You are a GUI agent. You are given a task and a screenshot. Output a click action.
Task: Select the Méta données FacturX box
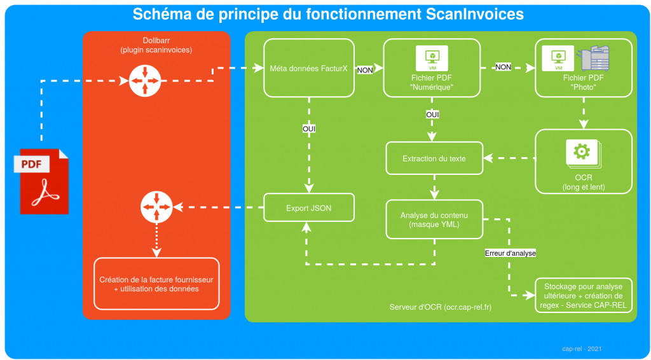pyautogui.click(x=308, y=68)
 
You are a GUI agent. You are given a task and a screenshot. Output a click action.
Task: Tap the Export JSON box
pyautogui.click(x=308, y=207)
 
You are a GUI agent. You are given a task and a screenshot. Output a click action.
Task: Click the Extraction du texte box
pyautogui.click(x=434, y=158)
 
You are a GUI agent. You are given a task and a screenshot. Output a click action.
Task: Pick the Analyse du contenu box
pyautogui.click(x=434, y=219)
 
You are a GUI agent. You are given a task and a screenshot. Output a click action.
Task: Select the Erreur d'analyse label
pyautogui.click(x=510, y=253)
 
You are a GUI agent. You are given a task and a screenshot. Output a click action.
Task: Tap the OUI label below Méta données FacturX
pyautogui.click(x=309, y=129)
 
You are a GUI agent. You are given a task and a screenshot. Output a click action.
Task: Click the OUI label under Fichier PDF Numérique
pyautogui.click(x=433, y=114)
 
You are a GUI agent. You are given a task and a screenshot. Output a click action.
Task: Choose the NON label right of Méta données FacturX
pyautogui.click(x=365, y=71)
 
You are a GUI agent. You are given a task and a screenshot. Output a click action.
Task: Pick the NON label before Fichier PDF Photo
pyautogui.click(x=503, y=67)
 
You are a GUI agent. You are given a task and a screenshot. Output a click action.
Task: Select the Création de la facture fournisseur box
pyautogui.click(x=156, y=284)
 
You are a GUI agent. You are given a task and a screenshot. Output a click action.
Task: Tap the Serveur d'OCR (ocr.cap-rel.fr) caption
pyautogui.click(x=441, y=308)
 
